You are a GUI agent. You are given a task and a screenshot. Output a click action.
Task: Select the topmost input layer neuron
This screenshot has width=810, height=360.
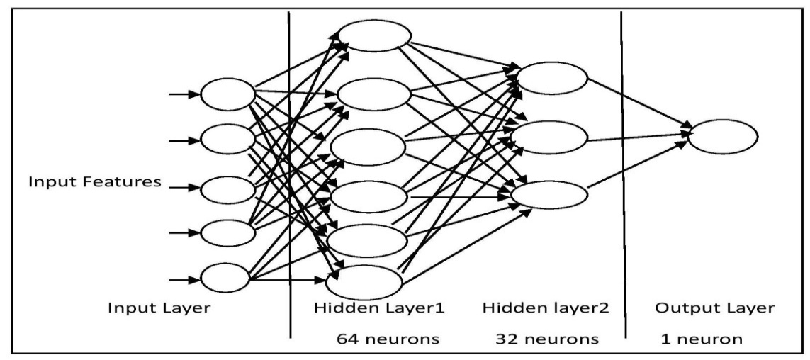tap(227, 94)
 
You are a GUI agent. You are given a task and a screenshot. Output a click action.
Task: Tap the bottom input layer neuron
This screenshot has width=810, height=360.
tap(225, 278)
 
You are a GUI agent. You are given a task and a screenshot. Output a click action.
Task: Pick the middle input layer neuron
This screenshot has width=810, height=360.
tap(227, 189)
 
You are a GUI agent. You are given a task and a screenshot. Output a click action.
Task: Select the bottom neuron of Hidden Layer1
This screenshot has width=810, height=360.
tap(364, 281)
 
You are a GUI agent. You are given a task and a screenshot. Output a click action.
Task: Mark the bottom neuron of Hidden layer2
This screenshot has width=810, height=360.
tap(549, 194)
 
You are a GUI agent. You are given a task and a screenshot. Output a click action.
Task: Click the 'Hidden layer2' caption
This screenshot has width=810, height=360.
tap(546, 309)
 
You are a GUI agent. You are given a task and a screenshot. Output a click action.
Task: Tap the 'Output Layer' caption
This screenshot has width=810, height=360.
tap(713, 309)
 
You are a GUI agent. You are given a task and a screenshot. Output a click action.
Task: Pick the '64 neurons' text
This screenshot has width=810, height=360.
tap(388, 339)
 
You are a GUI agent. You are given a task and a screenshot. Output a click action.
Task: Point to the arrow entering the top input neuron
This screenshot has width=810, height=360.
tap(184, 94)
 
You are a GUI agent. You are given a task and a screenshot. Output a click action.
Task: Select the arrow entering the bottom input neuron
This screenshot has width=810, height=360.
tap(184, 278)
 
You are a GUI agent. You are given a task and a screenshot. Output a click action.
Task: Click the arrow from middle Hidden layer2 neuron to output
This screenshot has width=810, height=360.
tap(638, 135)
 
